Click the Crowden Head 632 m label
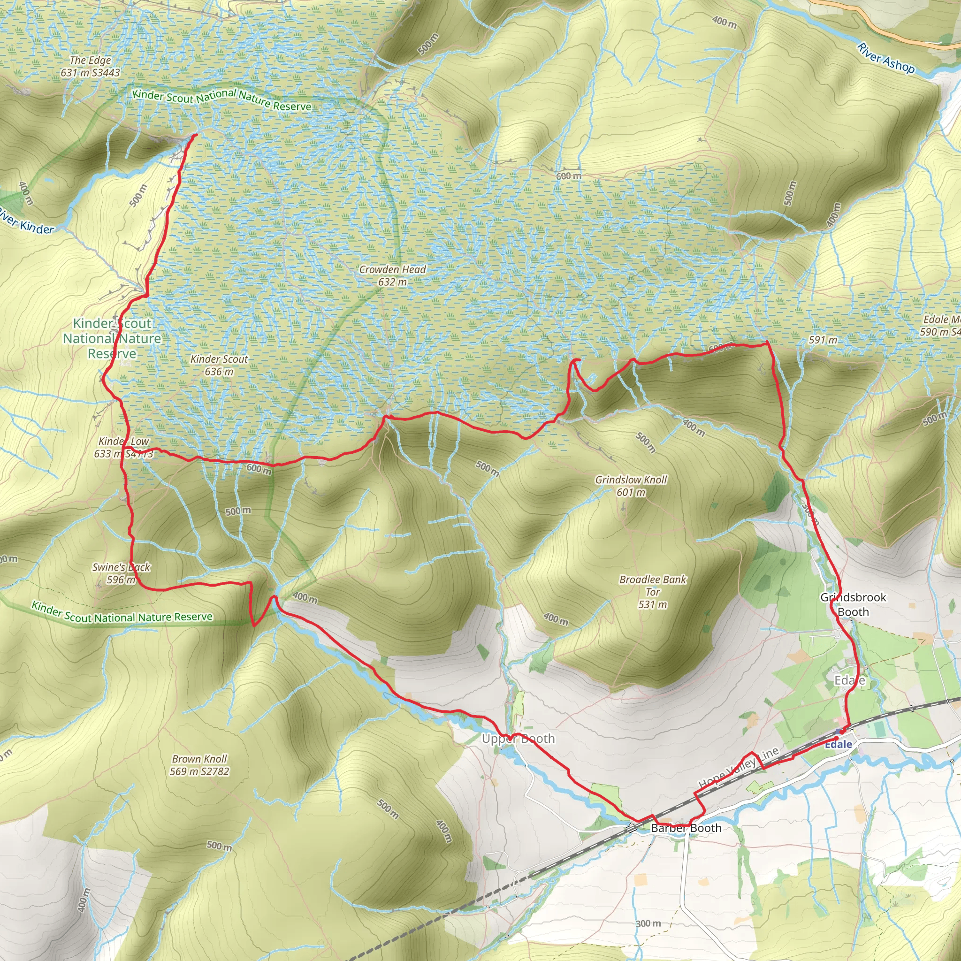(392, 275)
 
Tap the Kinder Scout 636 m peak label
(219, 365)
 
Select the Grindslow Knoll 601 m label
(631, 486)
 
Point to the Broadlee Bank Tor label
(653, 592)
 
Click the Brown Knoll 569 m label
(199, 765)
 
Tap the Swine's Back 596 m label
(121, 573)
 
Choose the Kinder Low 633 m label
(123, 447)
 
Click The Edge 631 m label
(90, 66)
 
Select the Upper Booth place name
(518, 739)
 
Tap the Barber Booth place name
(686, 828)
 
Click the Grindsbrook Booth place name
(853, 604)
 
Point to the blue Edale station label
(838, 745)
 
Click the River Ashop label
(885, 59)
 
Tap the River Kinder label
(27, 222)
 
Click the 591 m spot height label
(823, 340)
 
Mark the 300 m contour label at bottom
(648, 910)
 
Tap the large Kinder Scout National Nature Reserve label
(112, 338)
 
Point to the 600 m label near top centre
(568, 176)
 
